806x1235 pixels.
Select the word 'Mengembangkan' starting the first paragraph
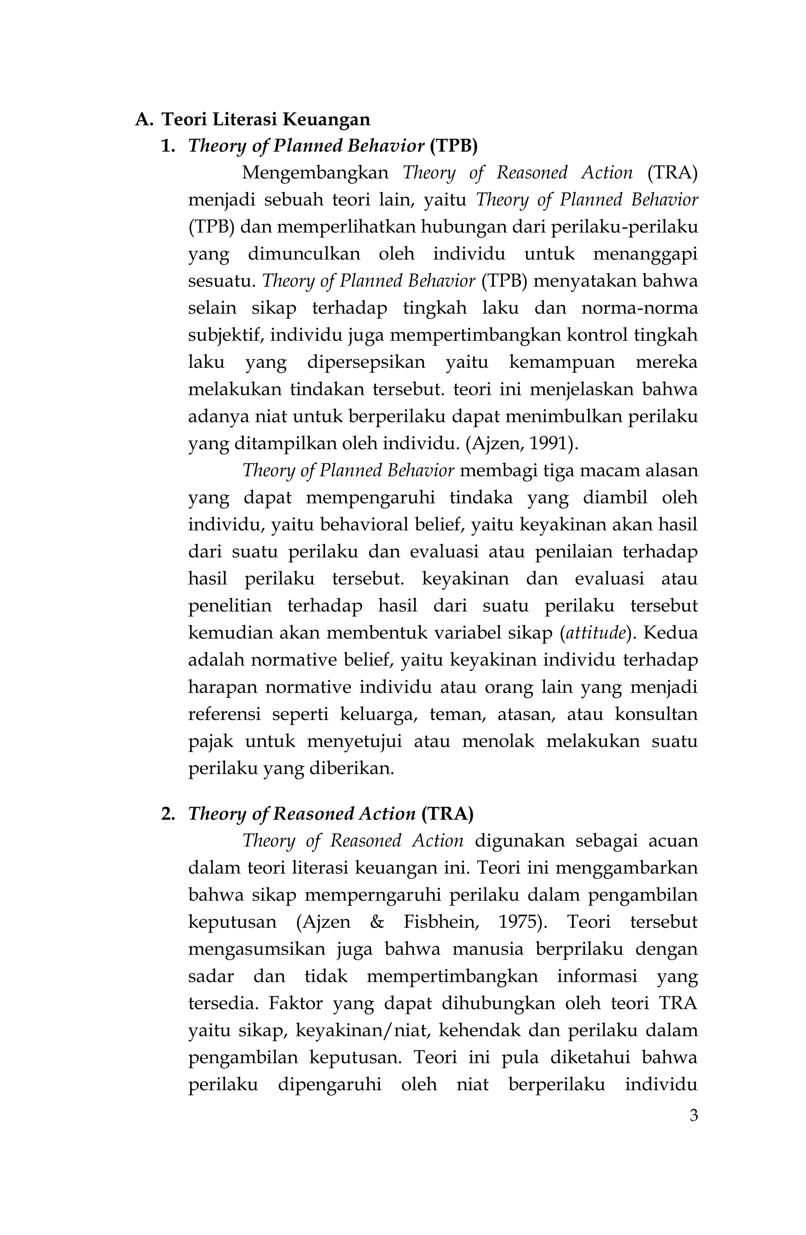point(315,173)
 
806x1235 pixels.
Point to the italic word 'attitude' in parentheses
point(595,634)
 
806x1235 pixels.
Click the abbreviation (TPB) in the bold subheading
point(453,146)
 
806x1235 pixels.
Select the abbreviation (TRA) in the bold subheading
point(447,814)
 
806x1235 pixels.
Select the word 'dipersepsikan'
point(366,362)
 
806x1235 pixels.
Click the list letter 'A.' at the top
point(144,120)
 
